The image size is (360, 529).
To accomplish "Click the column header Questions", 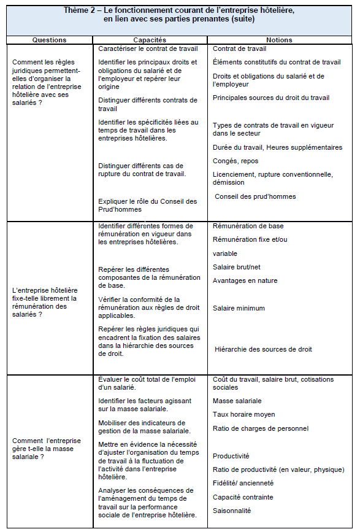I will [49, 40].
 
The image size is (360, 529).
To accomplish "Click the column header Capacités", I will [149, 40].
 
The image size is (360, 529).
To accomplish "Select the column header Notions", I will [280, 40].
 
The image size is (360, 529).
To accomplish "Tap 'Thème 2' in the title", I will [83, 11].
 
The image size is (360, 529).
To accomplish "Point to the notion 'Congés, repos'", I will [236, 161].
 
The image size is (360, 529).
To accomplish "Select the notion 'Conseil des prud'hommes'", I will [255, 196].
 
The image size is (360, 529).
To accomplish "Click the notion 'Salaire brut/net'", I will [237, 267].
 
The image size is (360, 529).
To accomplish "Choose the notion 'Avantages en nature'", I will [245, 280].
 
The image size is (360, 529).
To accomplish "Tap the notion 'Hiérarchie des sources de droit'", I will [263, 349].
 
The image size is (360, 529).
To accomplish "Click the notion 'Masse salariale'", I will [237, 401].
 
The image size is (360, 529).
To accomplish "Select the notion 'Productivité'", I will [231, 456].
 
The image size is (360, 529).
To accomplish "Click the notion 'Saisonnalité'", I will [232, 511].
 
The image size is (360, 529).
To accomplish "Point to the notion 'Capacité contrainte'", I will [243, 497].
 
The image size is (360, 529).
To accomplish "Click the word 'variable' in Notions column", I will [225, 253].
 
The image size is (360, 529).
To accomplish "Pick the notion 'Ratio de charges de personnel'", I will [261, 428].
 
